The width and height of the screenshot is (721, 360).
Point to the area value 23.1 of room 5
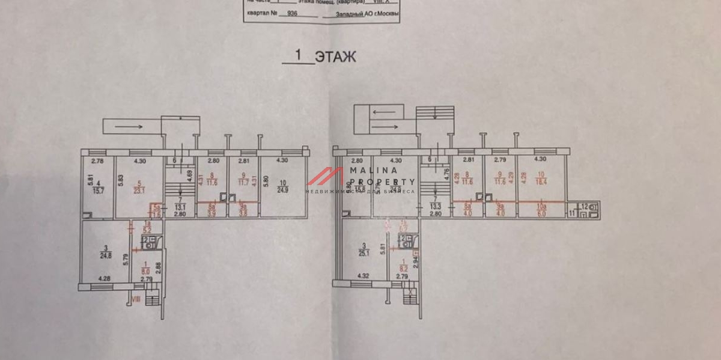139,191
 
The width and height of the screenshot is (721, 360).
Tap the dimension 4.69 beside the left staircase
190,177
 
